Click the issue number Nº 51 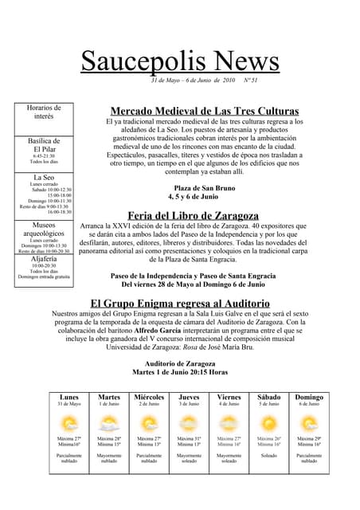[249, 80]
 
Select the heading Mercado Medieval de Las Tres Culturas [205, 111]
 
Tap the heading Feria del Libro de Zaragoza [193, 215]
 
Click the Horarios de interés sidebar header [44, 112]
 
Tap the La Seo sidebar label [44, 177]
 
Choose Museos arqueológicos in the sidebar [44, 230]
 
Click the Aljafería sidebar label [44, 258]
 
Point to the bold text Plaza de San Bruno [205, 187]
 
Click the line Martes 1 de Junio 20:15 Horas [180, 371]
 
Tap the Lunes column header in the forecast [69, 397]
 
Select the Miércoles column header [149, 397]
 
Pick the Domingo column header [309, 397]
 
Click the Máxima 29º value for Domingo [309, 438]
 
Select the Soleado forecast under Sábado [269, 457]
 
